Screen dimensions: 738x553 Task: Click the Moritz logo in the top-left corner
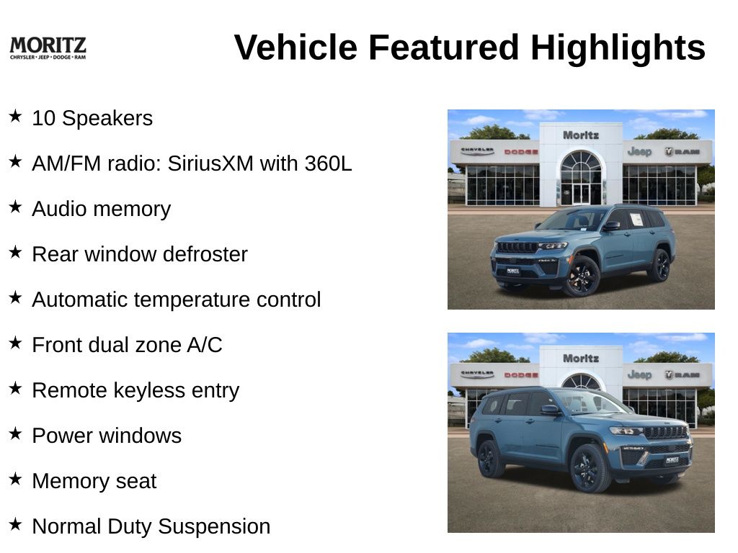(x=48, y=48)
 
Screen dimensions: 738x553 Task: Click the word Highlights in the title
(x=618, y=48)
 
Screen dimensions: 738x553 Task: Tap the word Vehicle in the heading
(x=295, y=48)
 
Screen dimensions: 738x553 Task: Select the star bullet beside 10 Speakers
(x=16, y=116)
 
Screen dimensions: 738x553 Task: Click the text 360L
(x=328, y=163)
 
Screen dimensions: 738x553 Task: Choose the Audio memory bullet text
(x=101, y=210)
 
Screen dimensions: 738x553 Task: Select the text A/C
(x=205, y=345)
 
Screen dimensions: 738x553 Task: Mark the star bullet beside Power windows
(x=16, y=433)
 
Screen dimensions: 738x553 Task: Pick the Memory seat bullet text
(x=94, y=482)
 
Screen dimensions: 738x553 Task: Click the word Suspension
(x=214, y=527)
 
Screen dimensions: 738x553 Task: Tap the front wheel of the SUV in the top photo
(x=582, y=276)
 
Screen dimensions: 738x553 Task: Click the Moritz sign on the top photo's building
(x=581, y=135)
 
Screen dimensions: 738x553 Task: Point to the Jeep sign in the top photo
(x=639, y=151)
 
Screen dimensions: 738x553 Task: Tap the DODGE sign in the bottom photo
(x=521, y=374)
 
